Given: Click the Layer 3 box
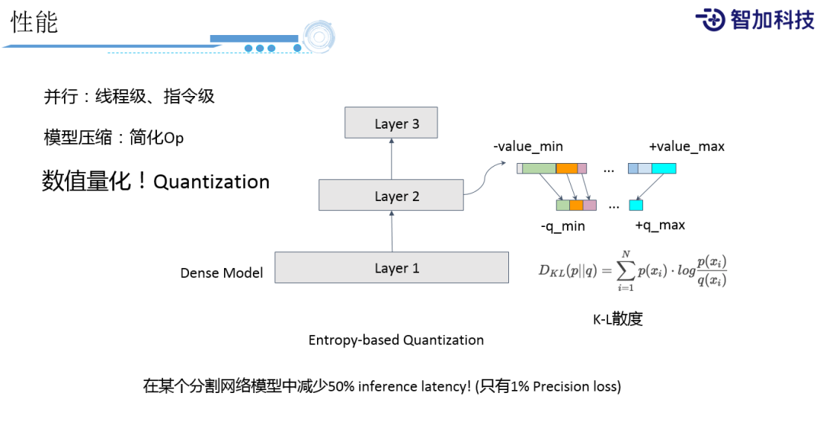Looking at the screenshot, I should pos(392,123).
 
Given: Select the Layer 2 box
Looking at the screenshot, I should pos(392,196).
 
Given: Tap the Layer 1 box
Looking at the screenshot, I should pos(392,268).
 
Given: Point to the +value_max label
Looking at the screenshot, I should pos(686,146).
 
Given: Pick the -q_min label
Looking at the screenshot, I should pos(563,225).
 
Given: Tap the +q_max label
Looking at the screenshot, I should pos(660,225).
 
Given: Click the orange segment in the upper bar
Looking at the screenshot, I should pos(566,168).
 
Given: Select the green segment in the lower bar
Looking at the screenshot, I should pos(562,205).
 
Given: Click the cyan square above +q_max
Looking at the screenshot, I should pos(636,205).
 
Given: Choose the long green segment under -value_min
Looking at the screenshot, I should pos(539,168).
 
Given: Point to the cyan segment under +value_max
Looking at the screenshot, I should pos(664,168).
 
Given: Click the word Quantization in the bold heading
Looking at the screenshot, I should pos(212,182).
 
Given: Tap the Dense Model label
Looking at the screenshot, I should pos(221,273).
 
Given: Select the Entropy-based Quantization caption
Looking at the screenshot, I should pos(395,340).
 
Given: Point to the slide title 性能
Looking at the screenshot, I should pos(34,22).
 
